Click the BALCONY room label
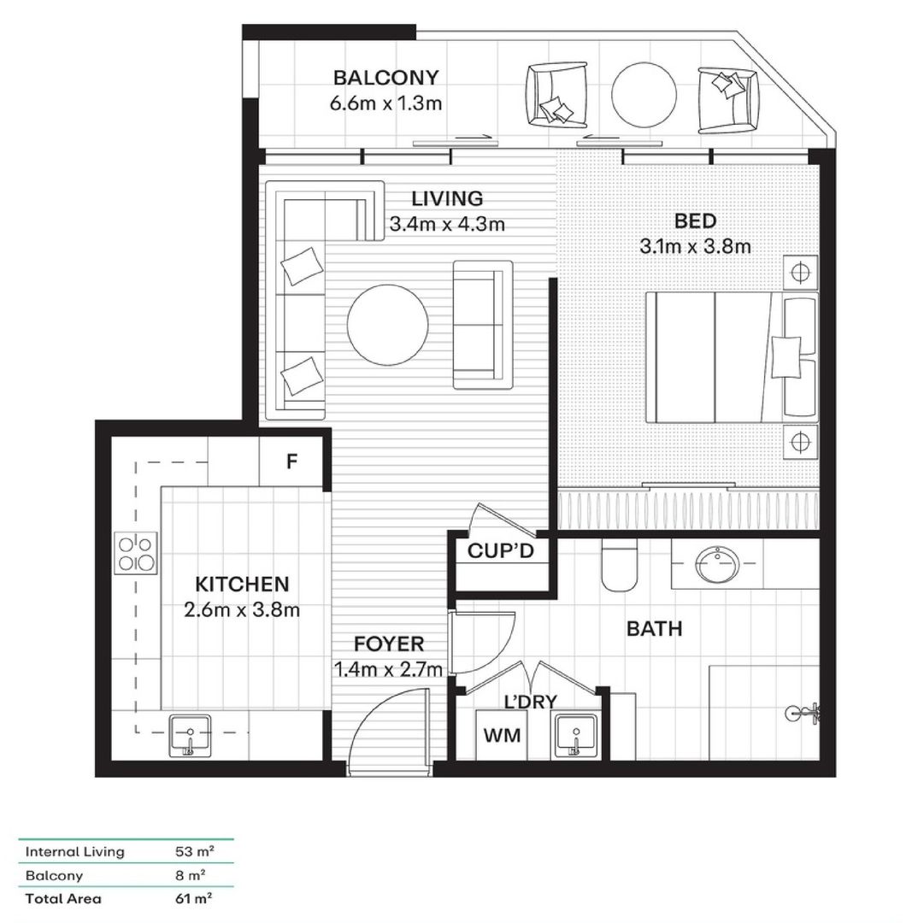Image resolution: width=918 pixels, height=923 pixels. tap(385, 78)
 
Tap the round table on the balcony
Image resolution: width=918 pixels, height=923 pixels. tap(644, 95)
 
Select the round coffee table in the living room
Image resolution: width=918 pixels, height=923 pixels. tap(387, 325)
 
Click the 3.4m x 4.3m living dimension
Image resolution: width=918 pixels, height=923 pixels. tap(447, 225)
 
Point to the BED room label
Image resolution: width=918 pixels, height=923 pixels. tap(695, 221)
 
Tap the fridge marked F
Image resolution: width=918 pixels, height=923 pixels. tap(291, 462)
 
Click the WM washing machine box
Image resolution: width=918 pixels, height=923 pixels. tap(502, 735)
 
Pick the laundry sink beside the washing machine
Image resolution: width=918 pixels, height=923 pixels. tap(575, 735)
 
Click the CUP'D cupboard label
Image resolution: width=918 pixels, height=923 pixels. tap(501, 551)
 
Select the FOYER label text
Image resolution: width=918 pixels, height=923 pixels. tap(389, 644)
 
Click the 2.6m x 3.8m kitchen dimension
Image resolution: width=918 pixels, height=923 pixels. tap(243, 610)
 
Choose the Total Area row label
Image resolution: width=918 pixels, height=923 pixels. tap(63, 898)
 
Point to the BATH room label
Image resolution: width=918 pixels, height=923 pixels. tap(655, 630)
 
